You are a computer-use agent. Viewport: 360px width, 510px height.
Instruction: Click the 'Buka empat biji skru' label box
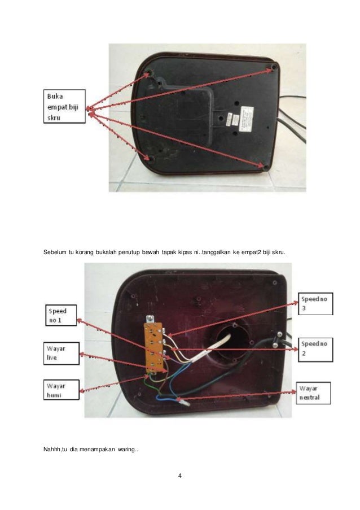[x=64, y=106]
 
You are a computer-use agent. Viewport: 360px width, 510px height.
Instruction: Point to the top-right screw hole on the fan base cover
[x=273, y=67]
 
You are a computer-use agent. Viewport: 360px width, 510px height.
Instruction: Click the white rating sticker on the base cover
[x=247, y=119]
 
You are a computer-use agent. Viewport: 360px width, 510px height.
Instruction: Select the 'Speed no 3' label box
[x=315, y=304]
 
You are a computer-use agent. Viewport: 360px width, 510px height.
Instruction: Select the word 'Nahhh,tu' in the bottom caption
[x=56, y=449]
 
